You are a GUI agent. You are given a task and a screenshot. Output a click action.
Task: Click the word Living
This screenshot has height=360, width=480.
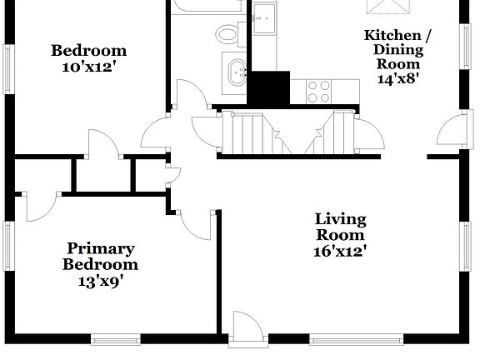click(x=340, y=219)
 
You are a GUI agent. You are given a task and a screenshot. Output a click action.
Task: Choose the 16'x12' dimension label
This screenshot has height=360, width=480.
click(x=340, y=250)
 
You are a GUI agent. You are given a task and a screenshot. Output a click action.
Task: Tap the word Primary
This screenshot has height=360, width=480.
click(x=101, y=248)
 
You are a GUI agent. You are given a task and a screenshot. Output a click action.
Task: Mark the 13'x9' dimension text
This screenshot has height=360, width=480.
click(x=101, y=281)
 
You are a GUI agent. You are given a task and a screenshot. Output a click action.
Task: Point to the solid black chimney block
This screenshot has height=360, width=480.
click(x=269, y=87)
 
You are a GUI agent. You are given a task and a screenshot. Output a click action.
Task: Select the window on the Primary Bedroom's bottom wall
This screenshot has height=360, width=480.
click(x=114, y=339)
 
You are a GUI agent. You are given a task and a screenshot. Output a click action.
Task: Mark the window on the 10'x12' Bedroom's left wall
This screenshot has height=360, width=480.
click(x=9, y=75)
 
